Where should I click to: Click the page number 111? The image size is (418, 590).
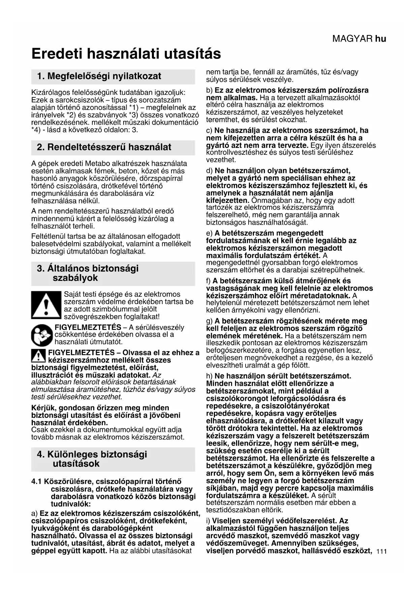(382, 551)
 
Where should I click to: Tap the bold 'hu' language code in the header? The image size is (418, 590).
(381, 39)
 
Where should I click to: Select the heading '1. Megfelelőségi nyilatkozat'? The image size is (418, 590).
(99, 76)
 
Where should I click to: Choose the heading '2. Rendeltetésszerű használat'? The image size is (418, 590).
(104, 147)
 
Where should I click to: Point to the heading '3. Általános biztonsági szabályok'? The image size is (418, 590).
(88, 273)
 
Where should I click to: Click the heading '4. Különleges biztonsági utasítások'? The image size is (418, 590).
(92, 459)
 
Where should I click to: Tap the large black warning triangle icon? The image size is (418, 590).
(46, 305)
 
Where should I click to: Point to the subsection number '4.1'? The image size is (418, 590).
(37, 482)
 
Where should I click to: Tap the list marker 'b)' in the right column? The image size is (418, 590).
(209, 90)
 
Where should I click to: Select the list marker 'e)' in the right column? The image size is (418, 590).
(209, 233)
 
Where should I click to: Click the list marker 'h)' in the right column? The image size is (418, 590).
(209, 376)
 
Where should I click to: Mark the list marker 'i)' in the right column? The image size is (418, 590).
(208, 521)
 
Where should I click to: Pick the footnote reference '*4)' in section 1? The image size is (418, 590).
(37, 130)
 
